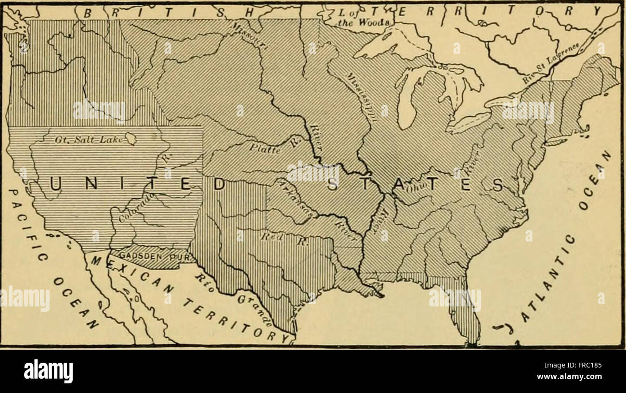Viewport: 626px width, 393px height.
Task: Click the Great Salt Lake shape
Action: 130,139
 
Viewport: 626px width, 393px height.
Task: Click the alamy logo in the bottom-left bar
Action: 48,371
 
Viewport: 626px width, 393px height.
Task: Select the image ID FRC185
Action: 586,365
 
